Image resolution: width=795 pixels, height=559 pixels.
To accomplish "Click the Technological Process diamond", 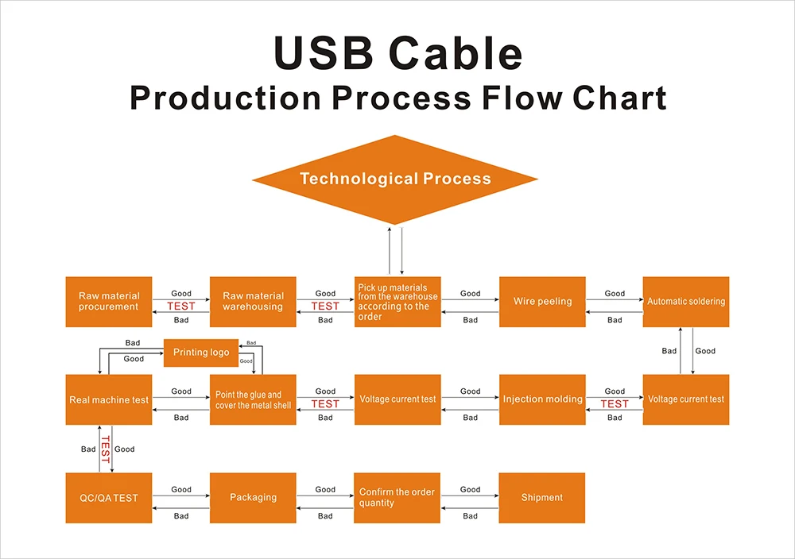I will coord(395,179).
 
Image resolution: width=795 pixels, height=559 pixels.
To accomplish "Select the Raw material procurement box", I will coord(108,302).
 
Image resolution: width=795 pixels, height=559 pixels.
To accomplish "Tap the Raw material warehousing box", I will coord(253,302).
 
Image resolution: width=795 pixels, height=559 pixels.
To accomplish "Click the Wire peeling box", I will coord(542,302).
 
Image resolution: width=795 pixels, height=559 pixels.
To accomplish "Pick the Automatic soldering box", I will coord(686,302).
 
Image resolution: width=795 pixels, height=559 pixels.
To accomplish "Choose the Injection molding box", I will coord(542,399).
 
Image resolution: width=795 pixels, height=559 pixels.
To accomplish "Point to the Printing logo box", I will coord(201,353).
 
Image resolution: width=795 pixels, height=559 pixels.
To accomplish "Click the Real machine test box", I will coord(108,399).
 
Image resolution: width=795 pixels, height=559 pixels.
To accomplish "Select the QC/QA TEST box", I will coord(108,498).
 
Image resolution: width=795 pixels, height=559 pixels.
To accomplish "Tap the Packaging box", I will coord(253,498).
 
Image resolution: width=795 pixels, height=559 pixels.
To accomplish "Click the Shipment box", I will coord(542,498).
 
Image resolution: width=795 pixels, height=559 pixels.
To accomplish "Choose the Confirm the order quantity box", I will coord(397,498).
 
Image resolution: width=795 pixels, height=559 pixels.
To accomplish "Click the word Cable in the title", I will coord(456,54).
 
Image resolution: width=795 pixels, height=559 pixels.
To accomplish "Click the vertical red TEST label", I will coord(105,449).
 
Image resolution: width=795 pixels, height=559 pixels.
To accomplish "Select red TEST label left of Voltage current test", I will coord(615,404).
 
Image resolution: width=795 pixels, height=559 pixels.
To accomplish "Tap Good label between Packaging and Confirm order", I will coord(325,490).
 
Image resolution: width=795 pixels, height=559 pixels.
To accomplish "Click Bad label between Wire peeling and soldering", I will coord(615,320).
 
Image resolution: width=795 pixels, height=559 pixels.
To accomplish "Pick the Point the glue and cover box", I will coord(253,399).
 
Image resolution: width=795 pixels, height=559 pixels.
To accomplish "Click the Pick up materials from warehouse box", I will coord(397,302).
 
